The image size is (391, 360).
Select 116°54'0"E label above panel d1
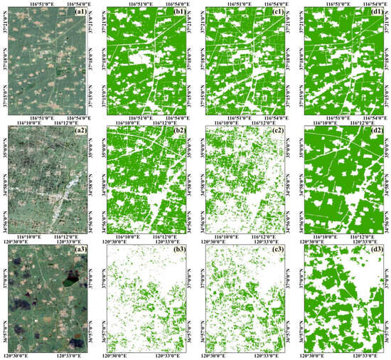pyautogui.click(x=363, y=4)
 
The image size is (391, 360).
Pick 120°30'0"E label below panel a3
pyautogui.click(x=28, y=356)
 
